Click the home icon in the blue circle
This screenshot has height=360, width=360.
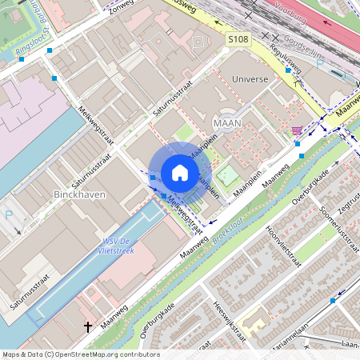tap(180, 173)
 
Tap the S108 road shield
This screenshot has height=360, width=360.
tap(238, 38)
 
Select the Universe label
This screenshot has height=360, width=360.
tap(250, 79)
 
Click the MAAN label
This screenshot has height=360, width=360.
tap(228, 122)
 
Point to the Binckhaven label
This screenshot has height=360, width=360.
tap(79, 194)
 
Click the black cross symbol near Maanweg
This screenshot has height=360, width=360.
tap(89, 326)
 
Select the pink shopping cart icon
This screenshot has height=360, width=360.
tap(297, 130)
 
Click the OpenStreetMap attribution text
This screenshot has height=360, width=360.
tap(80, 354)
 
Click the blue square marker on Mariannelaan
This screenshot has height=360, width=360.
tap(333, 301)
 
